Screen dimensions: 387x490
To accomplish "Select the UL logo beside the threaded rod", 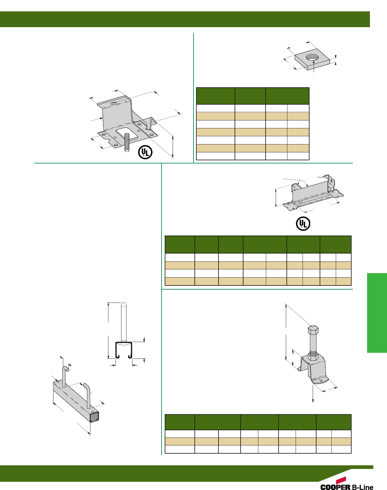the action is [x=145, y=152].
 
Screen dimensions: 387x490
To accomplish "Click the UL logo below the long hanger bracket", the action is [x=303, y=224].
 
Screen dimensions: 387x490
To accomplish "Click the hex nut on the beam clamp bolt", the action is [x=313, y=357].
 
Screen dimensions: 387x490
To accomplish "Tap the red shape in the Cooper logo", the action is [x=341, y=480].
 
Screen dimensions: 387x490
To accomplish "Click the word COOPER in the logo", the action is [x=335, y=487].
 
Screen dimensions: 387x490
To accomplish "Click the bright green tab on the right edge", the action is [x=377, y=313].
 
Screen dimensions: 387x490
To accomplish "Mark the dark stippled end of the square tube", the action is [x=94, y=417].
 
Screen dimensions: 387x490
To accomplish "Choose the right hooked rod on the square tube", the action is [x=88, y=395].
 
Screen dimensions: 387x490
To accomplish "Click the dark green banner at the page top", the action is [x=185, y=19].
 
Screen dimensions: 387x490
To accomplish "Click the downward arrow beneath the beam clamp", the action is [x=313, y=395].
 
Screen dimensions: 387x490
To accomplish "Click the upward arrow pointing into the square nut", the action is [x=313, y=66].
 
